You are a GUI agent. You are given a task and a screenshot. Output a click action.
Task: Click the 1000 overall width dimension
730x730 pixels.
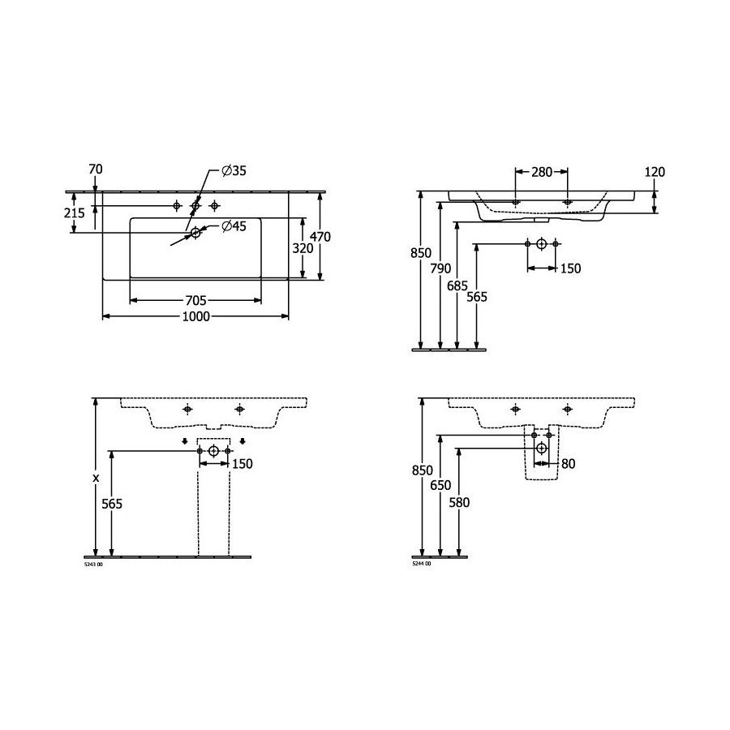coord(196,316)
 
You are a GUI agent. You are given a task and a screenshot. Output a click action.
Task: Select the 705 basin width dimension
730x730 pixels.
coord(196,301)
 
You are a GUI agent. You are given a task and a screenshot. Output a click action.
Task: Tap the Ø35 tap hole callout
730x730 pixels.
coord(234,171)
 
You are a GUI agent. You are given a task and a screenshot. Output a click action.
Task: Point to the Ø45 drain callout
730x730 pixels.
coord(234,226)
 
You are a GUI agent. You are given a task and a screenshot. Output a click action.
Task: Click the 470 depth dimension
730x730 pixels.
coord(320,237)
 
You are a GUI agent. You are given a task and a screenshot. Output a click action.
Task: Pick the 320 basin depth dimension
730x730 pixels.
coord(303,249)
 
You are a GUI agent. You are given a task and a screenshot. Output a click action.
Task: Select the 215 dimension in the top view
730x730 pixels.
coord(75,213)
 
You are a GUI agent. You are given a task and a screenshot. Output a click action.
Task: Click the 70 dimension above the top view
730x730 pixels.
coord(96,169)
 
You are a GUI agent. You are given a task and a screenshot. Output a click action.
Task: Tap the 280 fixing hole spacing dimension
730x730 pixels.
coord(542,172)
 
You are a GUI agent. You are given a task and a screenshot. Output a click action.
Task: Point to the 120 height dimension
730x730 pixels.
coord(655,172)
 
